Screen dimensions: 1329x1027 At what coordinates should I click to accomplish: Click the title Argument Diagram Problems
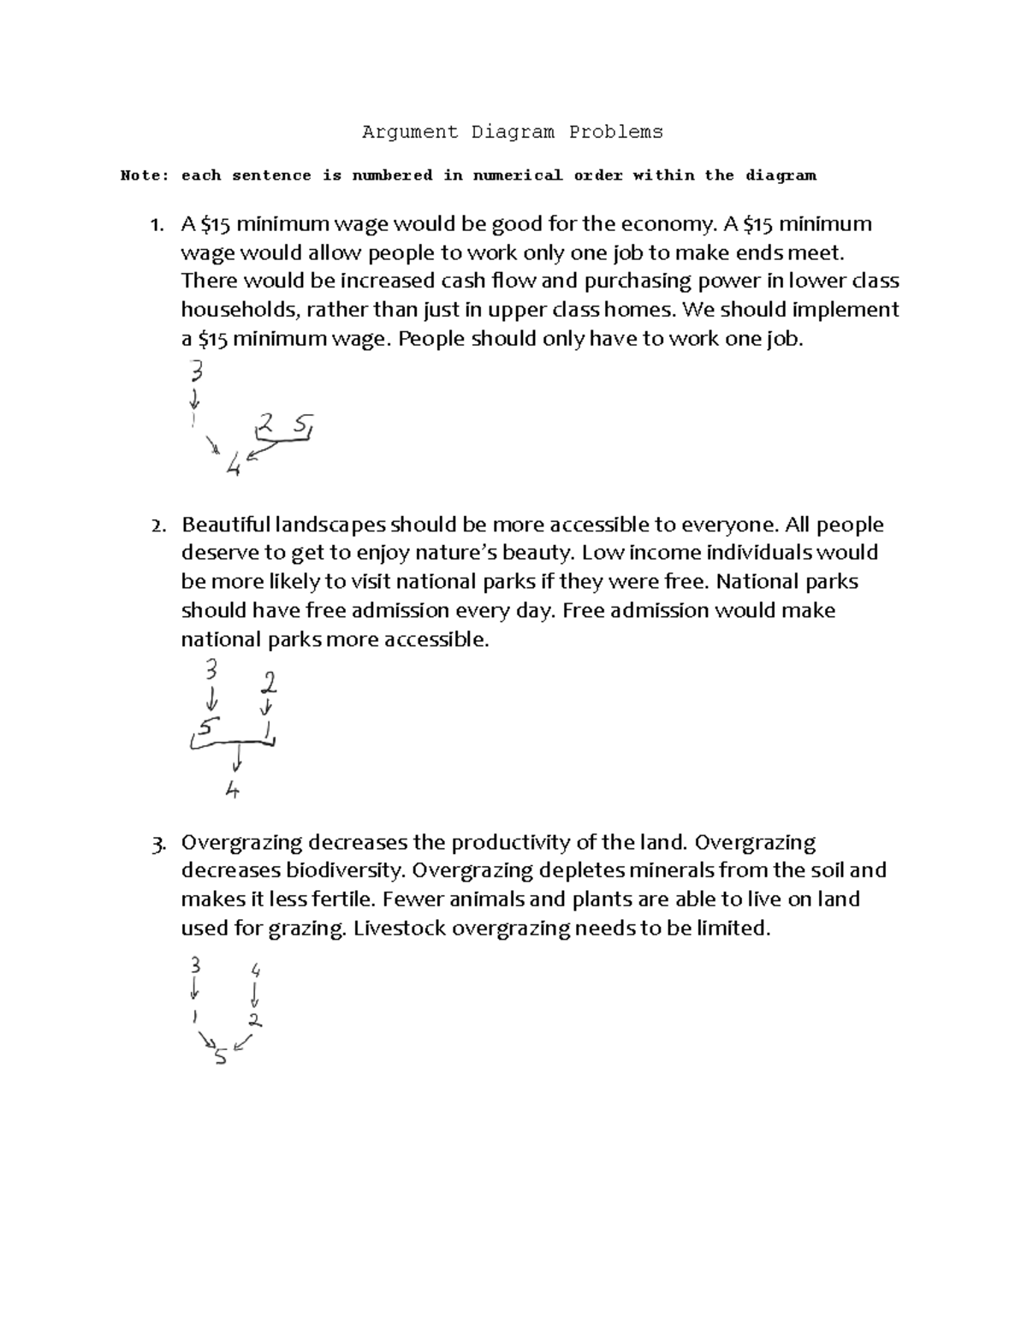512,132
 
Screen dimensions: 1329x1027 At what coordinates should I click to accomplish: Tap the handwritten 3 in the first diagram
197,371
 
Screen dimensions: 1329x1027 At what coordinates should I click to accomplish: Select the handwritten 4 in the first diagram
233,466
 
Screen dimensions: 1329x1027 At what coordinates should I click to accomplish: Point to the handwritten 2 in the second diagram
270,682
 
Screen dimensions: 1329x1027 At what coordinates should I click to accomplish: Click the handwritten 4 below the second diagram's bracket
232,790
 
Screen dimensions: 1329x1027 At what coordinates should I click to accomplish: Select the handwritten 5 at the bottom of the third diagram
221,1057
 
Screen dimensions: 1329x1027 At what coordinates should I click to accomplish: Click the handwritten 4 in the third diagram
255,970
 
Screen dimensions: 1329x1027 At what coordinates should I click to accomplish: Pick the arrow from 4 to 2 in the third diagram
255,995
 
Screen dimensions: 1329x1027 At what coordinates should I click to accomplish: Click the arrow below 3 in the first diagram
195,399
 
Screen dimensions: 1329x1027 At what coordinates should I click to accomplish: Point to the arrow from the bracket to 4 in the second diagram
238,757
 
